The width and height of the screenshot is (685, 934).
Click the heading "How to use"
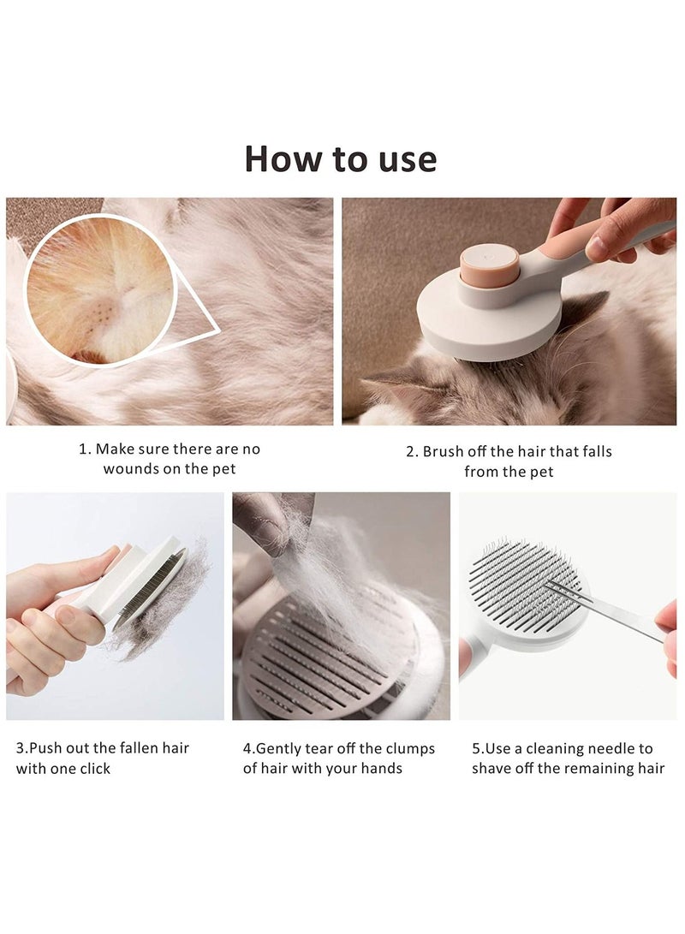click(341, 158)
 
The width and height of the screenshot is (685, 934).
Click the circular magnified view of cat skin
click(100, 290)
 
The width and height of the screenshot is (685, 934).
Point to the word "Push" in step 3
click(45, 748)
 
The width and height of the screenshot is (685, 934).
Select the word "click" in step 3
click(95, 769)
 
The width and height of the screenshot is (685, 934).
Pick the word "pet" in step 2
click(541, 473)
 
